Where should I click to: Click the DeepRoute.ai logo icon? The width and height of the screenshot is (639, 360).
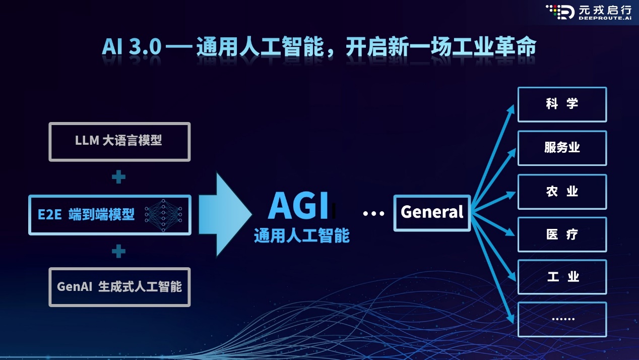pyautogui.click(x=560, y=12)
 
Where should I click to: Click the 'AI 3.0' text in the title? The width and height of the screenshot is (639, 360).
pyautogui.click(x=132, y=46)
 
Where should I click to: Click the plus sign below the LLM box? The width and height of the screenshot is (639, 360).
pyautogui.click(x=118, y=176)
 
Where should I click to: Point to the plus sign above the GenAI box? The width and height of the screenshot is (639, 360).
pyautogui.click(x=118, y=251)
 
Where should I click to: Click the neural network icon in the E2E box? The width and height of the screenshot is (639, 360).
pyautogui.click(x=163, y=215)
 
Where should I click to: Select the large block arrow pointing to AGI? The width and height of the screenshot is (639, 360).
pyautogui.click(x=225, y=215)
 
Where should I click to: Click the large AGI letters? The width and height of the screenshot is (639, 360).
pyautogui.click(x=298, y=206)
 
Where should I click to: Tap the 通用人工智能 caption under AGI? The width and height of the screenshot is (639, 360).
pyautogui.click(x=302, y=235)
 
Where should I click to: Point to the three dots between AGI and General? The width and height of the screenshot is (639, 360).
pyautogui.click(x=373, y=213)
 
